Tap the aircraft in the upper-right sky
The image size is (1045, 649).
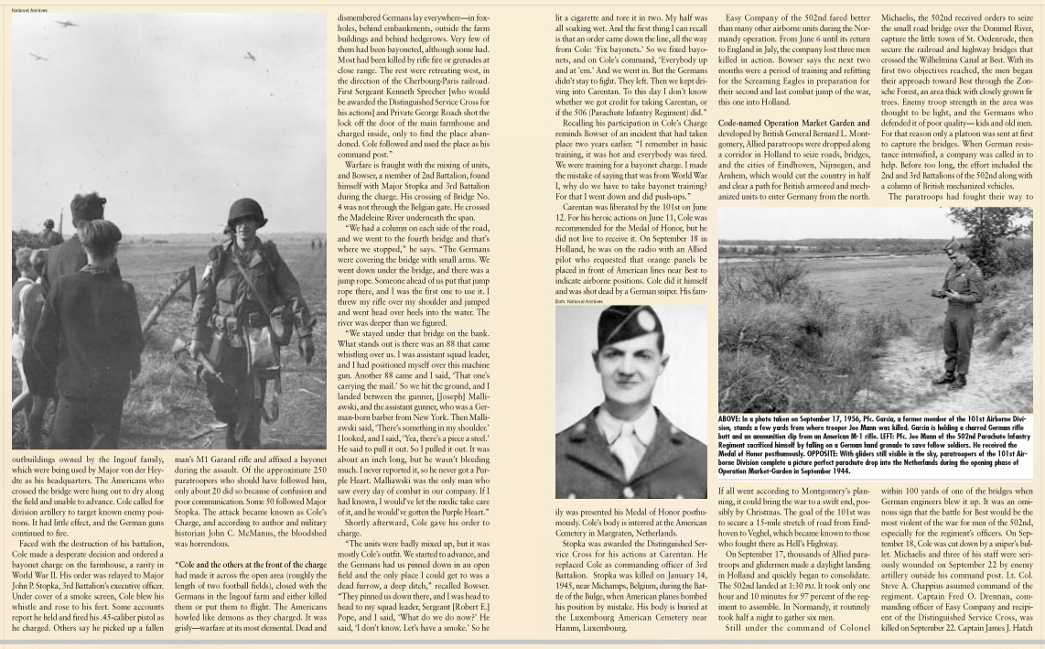pos(249,56)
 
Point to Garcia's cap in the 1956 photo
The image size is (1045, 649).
pos(953,245)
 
